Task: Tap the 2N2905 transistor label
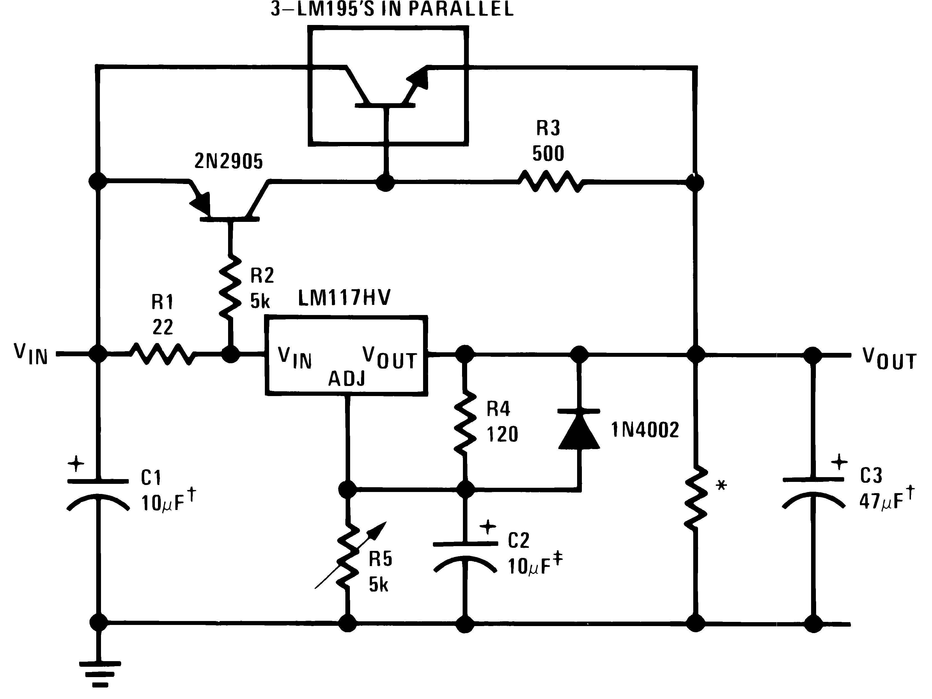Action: pos(228,161)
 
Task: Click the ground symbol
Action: pos(100,676)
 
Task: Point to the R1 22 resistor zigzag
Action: pos(163,354)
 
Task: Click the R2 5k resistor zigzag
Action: pos(230,286)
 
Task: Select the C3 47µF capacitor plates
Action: pos(813,491)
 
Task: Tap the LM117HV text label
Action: pos(344,298)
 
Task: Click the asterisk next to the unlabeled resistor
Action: pos(721,485)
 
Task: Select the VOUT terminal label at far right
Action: pos(889,359)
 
